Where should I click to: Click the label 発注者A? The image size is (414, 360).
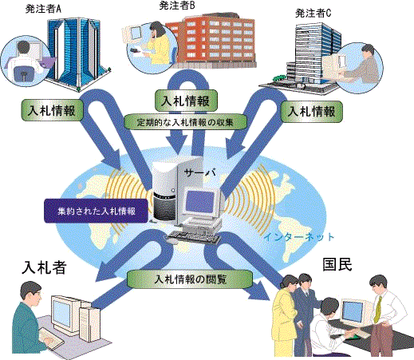pyautogui.click(x=43, y=9)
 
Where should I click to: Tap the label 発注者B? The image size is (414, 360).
pyautogui.click(x=177, y=6)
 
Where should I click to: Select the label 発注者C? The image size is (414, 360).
pyautogui.click(x=313, y=14)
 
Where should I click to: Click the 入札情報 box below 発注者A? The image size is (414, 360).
pyautogui.click(x=52, y=110)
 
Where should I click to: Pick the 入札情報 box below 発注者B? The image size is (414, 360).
pyautogui.click(x=186, y=101)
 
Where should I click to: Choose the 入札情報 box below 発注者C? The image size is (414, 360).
pyautogui.click(x=312, y=111)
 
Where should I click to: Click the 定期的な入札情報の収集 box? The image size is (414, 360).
pyautogui.click(x=185, y=122)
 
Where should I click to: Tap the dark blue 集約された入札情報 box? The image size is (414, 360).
pyautogui.click(x=96, y=211)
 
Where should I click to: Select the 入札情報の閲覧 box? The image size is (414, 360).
pyautogui.click(x=190, y=279)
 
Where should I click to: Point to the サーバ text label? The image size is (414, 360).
pyautogui.click(x=200, y=173)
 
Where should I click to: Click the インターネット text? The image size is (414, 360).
pyautogui.click(x=298, y=237)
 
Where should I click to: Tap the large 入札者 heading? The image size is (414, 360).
pyautogui.click(x=44, y=267)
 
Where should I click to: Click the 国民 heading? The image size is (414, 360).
pyautogui.click(x=337, y=264)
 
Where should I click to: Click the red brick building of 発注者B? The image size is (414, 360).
pyautogui.click(x=210, y=41)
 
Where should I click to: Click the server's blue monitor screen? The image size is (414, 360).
pyautogui.click(x=200, y=200)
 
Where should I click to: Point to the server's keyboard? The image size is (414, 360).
pyautogui.click(x=194, y=237)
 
